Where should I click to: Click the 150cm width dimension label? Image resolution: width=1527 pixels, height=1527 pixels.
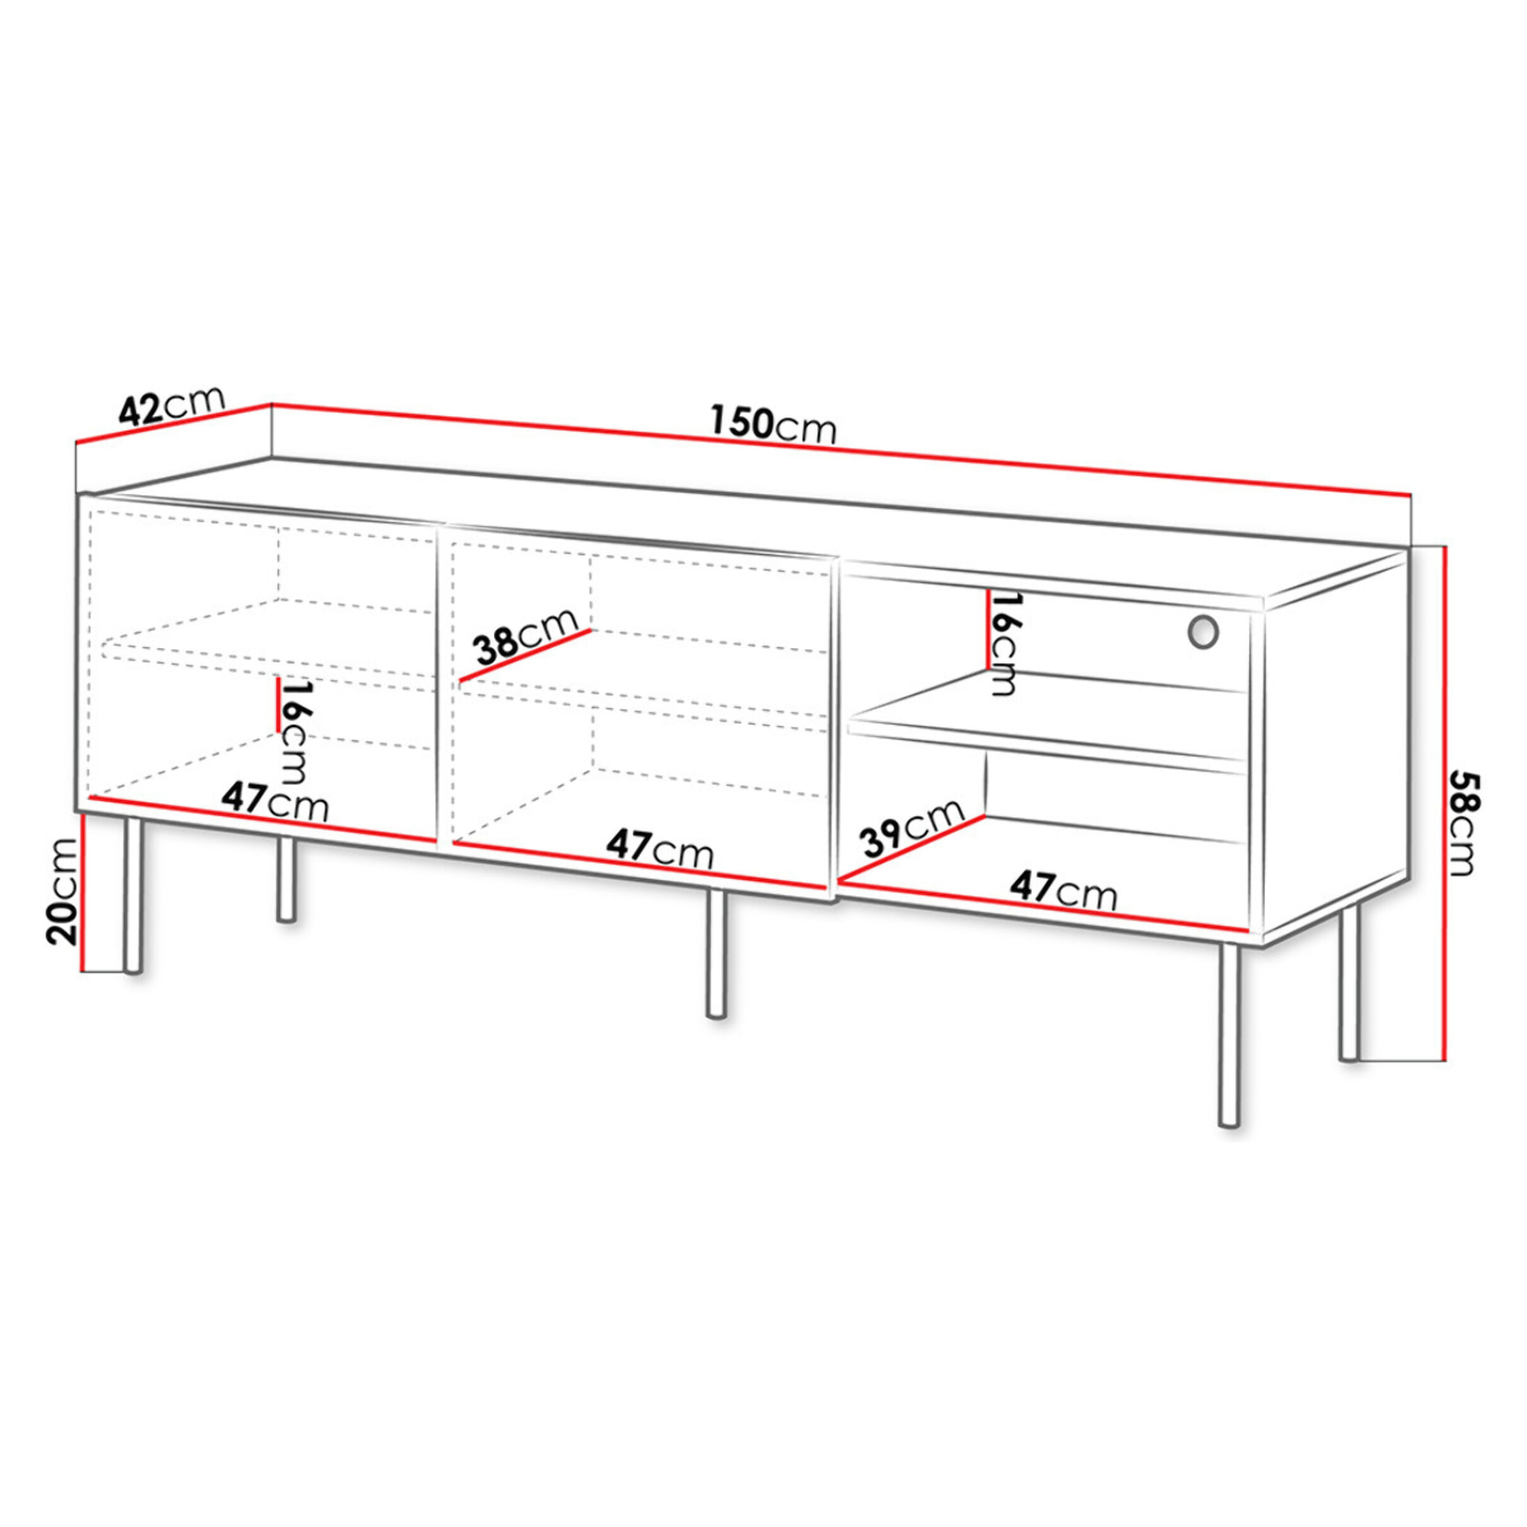pos(773,425)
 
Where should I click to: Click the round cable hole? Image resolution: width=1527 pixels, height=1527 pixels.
pos(1202,632)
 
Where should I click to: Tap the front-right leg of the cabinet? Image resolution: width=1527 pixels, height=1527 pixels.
pos(1229,1036)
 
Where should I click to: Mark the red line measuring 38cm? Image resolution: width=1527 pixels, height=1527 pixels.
pos(525,655)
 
